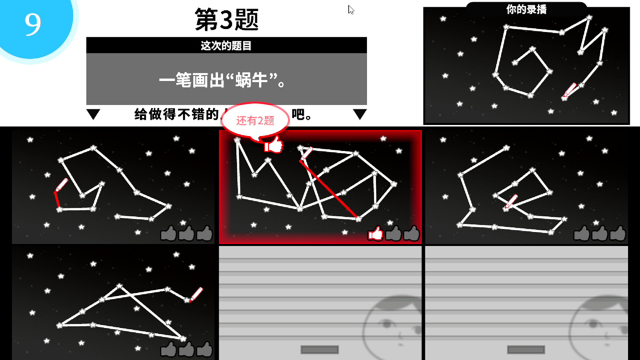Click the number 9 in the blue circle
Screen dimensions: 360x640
point(32,24)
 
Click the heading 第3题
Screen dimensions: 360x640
point(227,20)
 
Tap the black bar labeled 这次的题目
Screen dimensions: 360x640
point(226,46)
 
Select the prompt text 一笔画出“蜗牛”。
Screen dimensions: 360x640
point(222,80)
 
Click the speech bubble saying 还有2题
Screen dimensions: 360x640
point(255,121)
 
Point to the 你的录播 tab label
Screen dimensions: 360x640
point(526,9)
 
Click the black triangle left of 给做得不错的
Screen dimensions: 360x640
point(93,114)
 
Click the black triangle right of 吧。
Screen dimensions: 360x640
point(360,114)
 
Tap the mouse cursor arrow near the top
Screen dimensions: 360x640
point(351,10)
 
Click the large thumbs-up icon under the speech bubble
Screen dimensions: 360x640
point(273,145)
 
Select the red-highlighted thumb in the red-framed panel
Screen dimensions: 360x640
point(375,233)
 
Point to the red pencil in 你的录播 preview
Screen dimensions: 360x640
point(570,90)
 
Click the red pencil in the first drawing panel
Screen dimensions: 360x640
point(61,185)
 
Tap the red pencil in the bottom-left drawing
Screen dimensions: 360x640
point(196,294)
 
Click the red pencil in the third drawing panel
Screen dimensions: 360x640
point(511,201)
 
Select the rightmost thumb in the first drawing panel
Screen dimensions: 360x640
point(205,233)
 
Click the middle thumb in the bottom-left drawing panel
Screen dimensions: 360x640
point(186,349)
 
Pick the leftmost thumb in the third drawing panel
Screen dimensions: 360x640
point(582,233)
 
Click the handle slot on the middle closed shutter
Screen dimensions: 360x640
point(320,350)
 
